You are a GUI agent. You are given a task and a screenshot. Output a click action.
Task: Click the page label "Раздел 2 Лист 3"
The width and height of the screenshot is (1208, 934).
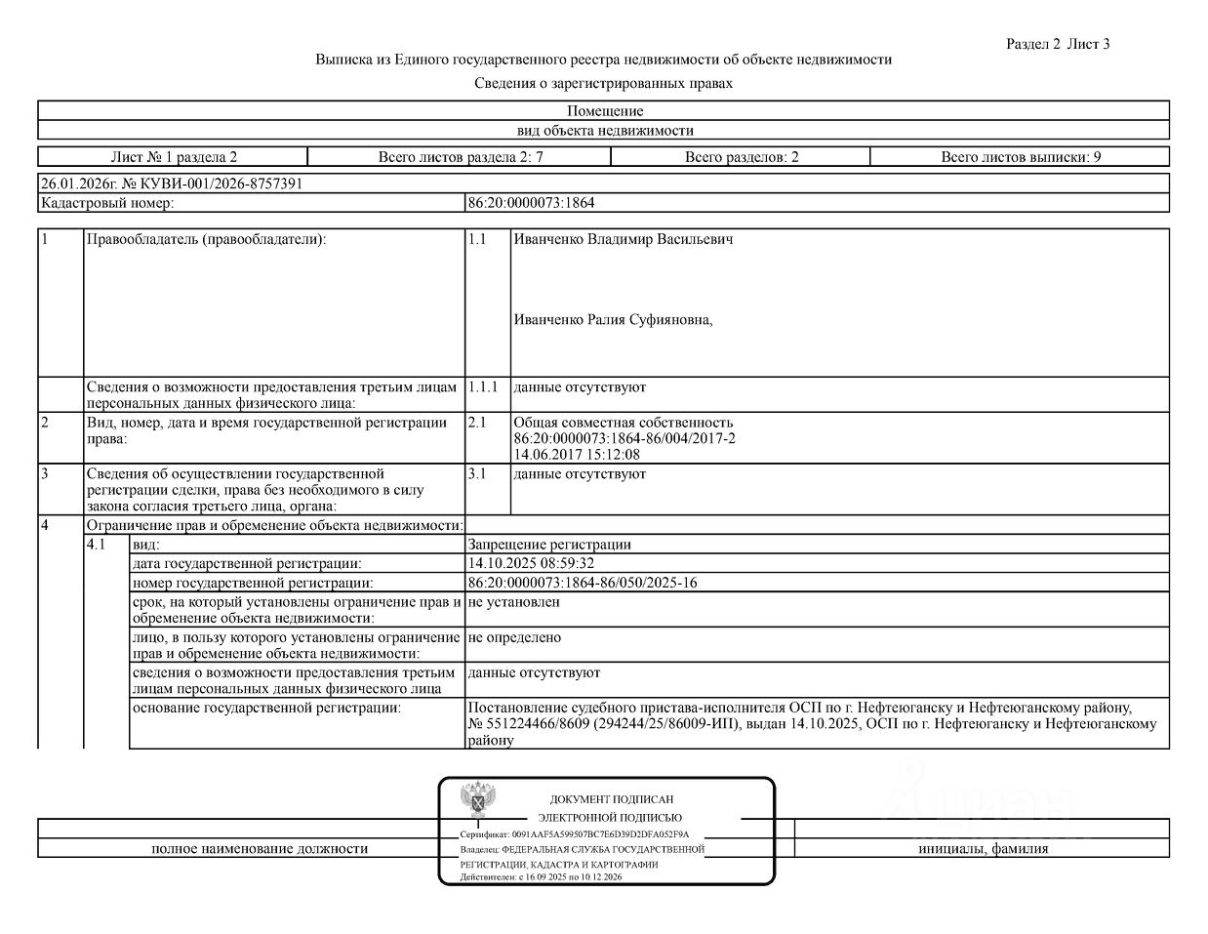(1058, 44)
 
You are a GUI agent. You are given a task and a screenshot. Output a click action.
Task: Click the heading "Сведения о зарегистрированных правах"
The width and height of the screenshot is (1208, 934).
(603, 84)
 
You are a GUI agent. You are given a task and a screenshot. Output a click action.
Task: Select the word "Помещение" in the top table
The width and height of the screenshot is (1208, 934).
(605, 111)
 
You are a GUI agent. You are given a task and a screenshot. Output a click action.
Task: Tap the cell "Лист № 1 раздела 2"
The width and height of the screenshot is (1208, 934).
(174, 157)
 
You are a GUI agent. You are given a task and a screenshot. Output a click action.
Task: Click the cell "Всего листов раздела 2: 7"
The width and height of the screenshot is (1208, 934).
(460, 157)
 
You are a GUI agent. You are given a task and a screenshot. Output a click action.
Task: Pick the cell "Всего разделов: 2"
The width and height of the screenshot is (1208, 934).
(741, 157)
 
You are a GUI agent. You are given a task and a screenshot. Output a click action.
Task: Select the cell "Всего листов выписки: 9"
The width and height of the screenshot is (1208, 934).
(1020, 157)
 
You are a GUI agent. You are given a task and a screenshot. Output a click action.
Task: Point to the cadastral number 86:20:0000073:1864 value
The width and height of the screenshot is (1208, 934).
(531, 204)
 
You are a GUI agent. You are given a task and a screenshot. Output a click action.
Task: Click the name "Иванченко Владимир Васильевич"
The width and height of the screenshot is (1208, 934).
(623, 240)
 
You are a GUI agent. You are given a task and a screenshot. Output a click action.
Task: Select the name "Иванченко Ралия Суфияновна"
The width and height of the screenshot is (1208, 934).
(613, 319)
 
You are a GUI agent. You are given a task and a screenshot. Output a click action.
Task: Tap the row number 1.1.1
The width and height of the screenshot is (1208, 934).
(482, 387)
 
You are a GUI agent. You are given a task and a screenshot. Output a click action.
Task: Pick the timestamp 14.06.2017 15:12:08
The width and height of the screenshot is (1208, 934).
(577, 454)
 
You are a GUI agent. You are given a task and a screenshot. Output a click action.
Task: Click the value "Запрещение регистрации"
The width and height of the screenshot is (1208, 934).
(549, 546)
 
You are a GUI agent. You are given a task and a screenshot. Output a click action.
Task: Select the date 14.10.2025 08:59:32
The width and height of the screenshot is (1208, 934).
(531, 563)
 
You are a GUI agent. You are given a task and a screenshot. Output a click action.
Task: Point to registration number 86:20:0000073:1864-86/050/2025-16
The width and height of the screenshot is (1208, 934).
(583, 583)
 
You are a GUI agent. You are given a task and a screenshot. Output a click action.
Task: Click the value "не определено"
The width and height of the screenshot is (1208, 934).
(514, 637)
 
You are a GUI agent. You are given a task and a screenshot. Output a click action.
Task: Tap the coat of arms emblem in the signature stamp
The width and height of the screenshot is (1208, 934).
(477, 800)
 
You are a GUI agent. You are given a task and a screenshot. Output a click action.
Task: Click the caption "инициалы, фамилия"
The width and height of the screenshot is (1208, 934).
(983, 849)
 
